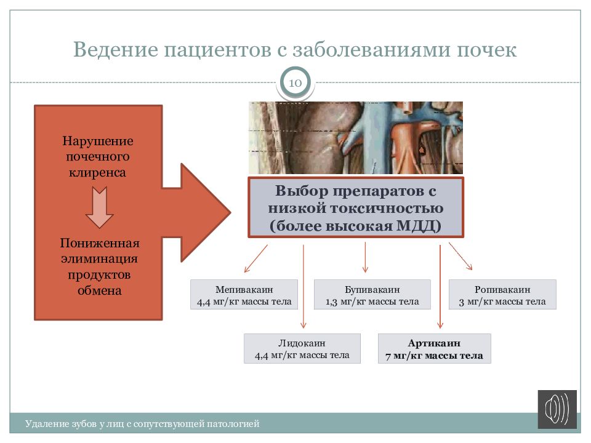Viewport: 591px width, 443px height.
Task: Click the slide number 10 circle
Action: tap(295, 82)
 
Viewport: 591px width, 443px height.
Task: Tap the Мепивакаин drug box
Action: tap(244, 295)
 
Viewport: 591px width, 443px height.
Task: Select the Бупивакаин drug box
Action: tap(372, 295)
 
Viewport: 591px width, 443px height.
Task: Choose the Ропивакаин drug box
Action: tap(502, 295)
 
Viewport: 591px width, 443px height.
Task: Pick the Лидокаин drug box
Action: tap(301, 349)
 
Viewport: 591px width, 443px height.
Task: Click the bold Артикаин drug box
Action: tap(434, 349)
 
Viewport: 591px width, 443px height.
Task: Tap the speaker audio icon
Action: tap(557, 409)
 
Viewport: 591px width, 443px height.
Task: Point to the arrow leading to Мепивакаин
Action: tap(255, 258)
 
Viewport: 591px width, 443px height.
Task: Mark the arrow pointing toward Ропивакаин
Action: tap(460, 256)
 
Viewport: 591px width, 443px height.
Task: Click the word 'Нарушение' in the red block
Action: tap(98, 141)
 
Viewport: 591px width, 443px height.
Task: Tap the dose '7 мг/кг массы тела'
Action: tap(434, 356)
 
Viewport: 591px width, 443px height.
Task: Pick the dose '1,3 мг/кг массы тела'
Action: tap(372, 301)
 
